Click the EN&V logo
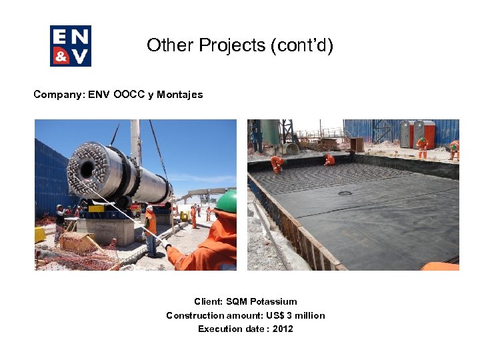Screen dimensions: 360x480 pyautogui.click(x=71, y=46)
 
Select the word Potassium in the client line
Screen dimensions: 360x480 pyautogui.click(x=273, y=301)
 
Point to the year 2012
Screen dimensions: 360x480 pyautogui.click(x=283, y=329)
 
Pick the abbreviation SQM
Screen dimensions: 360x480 pyautogui.click(x=238, y=301)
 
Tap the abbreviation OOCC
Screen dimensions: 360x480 pyautogui.click(x=127, y=95)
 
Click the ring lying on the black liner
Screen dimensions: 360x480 pyautogui.click(x=344, y=193)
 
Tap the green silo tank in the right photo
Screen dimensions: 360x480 pyautogui.click(x=270, y=131)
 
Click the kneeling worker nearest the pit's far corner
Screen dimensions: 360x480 pyautogui.click(x=329, y=159)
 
